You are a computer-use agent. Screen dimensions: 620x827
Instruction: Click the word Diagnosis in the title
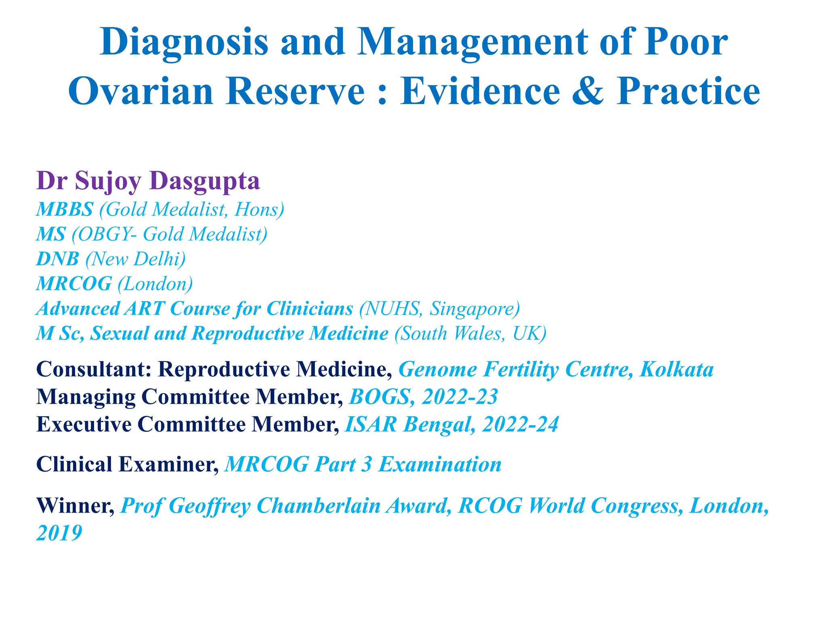(x=184, y=42)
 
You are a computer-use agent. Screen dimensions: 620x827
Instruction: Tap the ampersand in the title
(x=588, y=91)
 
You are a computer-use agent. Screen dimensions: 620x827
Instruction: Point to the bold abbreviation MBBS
(x=65, y=209)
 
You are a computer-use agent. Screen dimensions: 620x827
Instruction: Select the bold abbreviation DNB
(x=57, y=259)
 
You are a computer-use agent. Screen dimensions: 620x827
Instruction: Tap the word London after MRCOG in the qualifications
(x=155, y=284)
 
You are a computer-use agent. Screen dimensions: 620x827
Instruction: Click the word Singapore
(x=474, y=309)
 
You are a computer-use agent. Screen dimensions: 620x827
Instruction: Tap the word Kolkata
(x=676, y=369)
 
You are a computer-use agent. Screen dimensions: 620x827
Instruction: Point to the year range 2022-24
(x=520, y=424)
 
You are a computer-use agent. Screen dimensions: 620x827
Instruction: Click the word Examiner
(x=168, y=464)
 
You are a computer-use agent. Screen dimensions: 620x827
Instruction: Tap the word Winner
(x=75, y=505)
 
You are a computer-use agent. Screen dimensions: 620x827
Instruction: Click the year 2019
(x=59, y=533)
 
